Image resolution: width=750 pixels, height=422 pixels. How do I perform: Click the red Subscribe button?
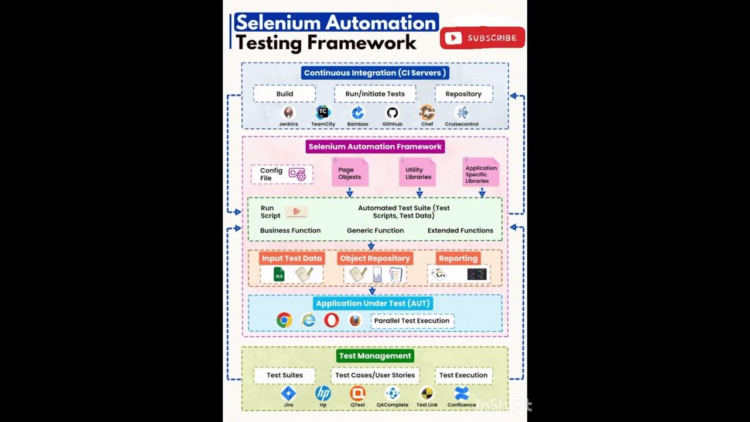click(x=482, y=38)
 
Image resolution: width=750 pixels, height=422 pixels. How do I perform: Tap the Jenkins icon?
click(x=288, y=113)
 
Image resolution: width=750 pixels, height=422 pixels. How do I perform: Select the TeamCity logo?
click(x=323, y=113)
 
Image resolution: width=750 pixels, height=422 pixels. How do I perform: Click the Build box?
click(x=285, y=94)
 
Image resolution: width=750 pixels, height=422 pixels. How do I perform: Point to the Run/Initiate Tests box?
click(x=375, y=94)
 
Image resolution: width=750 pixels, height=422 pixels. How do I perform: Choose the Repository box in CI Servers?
click(x=463, y=94)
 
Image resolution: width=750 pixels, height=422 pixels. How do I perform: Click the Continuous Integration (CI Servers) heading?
click(x=375, y=73)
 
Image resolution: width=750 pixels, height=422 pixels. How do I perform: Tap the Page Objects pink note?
click(x=350, y=173)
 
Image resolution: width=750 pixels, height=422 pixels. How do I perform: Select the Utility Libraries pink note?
click(x=418, y=173)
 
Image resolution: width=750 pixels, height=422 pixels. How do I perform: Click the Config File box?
click(x=282, y=174)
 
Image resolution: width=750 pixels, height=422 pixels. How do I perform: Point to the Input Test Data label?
click(x=292, y=258)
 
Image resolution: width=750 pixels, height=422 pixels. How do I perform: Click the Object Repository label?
click(x=375, y=258)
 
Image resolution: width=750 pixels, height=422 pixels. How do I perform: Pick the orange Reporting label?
click(x=458, y=258)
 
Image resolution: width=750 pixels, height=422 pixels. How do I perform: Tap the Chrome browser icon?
click(x=284, y=320)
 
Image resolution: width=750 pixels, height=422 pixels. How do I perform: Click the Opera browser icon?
click(x=332, y=320)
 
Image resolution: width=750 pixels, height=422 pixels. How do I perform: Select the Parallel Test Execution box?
click(x=412, y=321)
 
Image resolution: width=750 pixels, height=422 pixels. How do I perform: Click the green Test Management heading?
click(x=375, y=356)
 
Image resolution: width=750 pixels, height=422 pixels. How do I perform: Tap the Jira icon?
click(x=288, y=393)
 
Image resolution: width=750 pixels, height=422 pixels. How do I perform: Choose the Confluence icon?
click(x=462, y=393)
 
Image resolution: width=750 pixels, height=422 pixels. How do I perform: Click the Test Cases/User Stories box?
click(x=375, y=375)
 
